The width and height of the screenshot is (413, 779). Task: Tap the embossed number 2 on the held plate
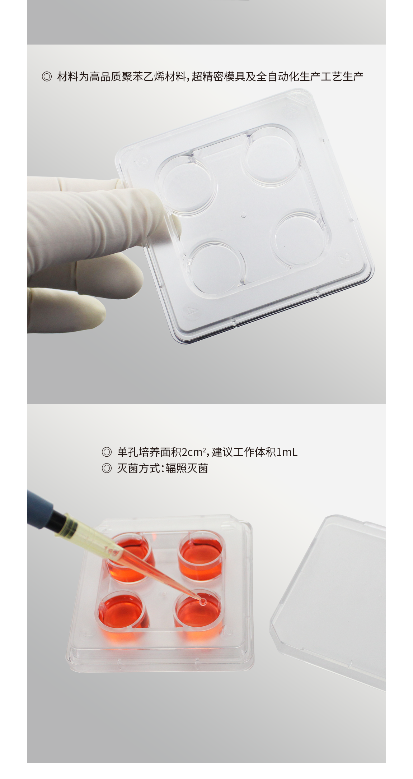point(344,257)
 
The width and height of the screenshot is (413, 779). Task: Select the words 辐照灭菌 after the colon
point(187,468)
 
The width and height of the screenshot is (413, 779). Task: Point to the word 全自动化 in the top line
point(278,77)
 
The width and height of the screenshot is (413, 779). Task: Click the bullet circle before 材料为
point(47,77)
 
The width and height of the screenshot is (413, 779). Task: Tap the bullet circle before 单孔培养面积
point(107,452)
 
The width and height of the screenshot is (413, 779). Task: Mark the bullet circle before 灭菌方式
point(107,468)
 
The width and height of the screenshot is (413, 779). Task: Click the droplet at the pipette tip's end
point(203,601)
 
